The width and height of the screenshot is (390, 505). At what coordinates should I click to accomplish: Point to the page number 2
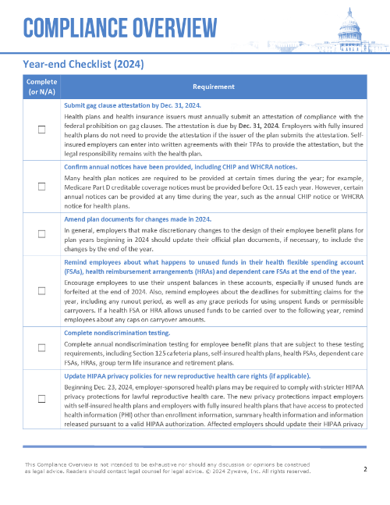[x=365, y=469]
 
